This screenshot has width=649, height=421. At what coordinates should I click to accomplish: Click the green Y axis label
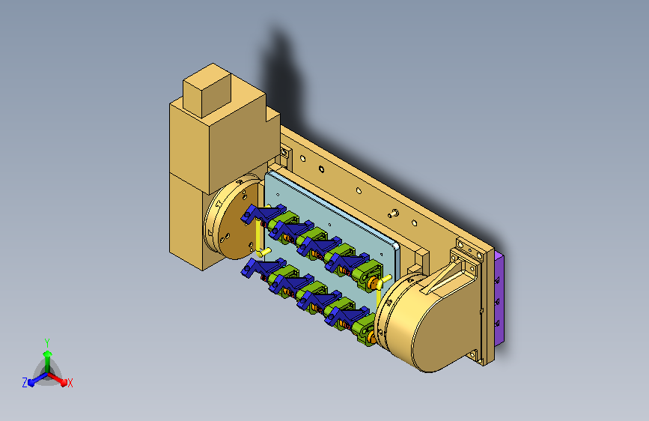[47, 342]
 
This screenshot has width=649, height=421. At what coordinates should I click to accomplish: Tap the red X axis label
[70, 383]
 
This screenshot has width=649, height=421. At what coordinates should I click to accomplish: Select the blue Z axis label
[25, 383]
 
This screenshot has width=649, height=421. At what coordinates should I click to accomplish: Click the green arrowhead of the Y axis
[48, 354]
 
